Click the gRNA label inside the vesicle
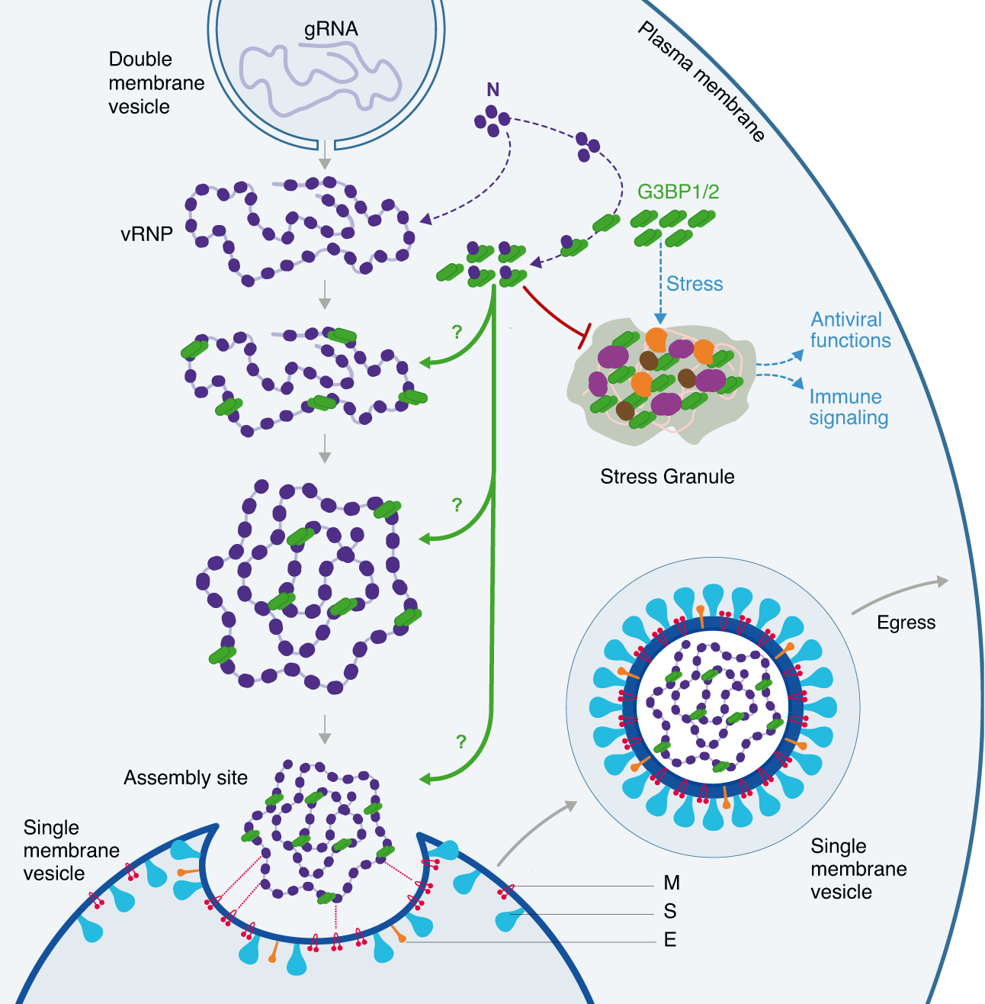(331, 29)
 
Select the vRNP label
(146, 234)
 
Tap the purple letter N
(493, 90)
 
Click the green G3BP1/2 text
(678, 191)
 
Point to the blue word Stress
(694, 284)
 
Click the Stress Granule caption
(667, 477)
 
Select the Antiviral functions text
(849, 330)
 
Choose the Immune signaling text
(848, 407)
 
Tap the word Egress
(906, 623)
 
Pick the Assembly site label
(185, 778)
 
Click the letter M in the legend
(671, 883)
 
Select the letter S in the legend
(670, 912)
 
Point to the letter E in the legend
(670, 940)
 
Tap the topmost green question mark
(457, 333)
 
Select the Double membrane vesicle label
(156, 82)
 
